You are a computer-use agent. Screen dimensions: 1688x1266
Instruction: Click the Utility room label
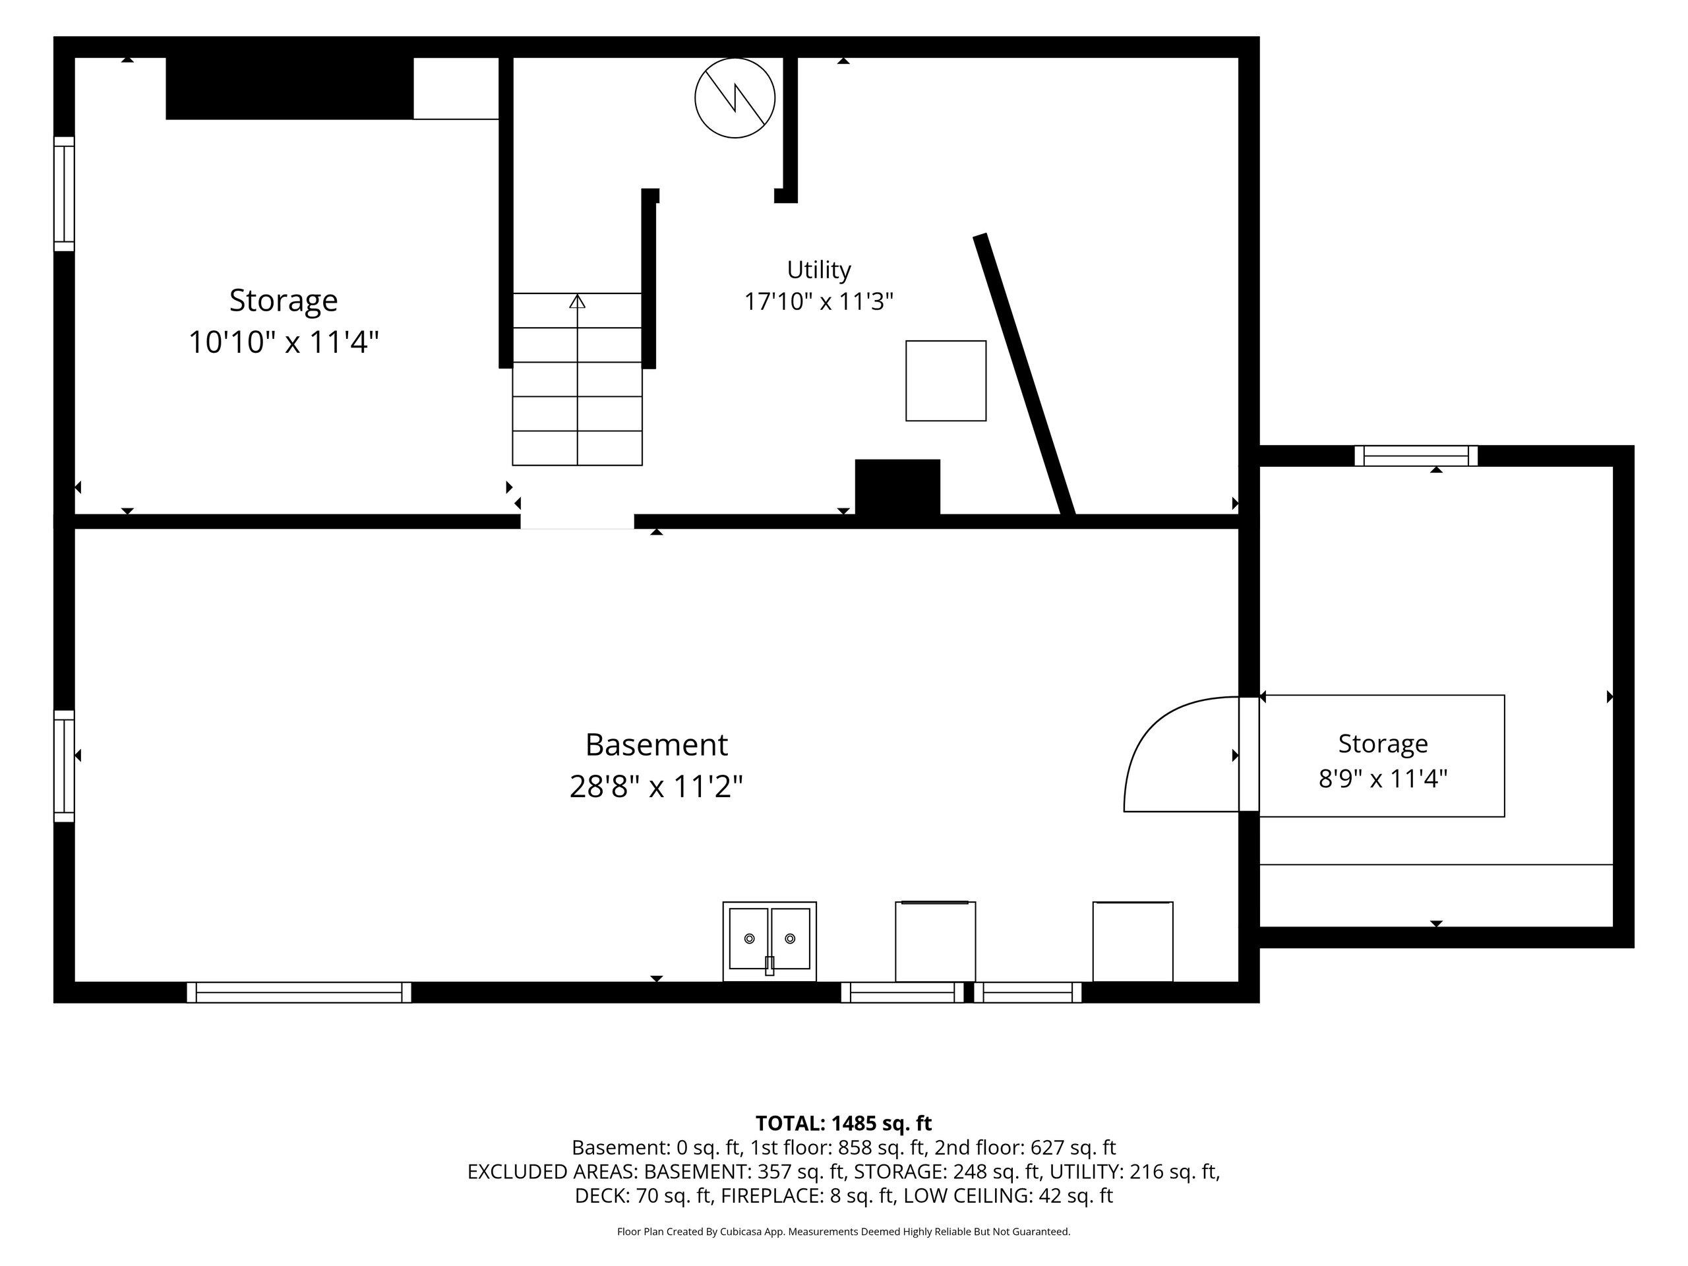[819, 270]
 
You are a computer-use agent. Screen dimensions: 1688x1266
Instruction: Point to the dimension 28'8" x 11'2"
[656, 786]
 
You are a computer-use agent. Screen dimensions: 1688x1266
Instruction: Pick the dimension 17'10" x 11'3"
[819, 301]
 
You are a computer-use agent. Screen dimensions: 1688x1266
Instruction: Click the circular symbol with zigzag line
[735, 98]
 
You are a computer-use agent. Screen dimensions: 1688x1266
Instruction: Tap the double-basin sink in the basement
[769, 941]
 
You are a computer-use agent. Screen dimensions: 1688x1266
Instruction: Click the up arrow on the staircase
[578, 301]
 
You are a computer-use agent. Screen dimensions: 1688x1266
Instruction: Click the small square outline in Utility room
[946, 381]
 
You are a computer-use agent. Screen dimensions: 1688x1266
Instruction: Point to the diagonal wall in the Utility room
[1024, 375]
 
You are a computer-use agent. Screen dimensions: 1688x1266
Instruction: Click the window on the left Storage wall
[64, 194]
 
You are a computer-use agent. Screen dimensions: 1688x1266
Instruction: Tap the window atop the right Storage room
[1416, 456]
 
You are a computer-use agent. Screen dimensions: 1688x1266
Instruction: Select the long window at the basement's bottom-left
[299, 992]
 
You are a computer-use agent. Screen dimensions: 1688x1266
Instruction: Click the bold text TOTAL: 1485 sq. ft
[843, 1124]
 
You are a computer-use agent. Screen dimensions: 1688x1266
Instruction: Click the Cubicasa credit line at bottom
[843, 1232]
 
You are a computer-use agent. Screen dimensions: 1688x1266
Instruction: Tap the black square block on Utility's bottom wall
[897, 487]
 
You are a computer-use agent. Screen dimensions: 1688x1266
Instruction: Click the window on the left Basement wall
[64, 766]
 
